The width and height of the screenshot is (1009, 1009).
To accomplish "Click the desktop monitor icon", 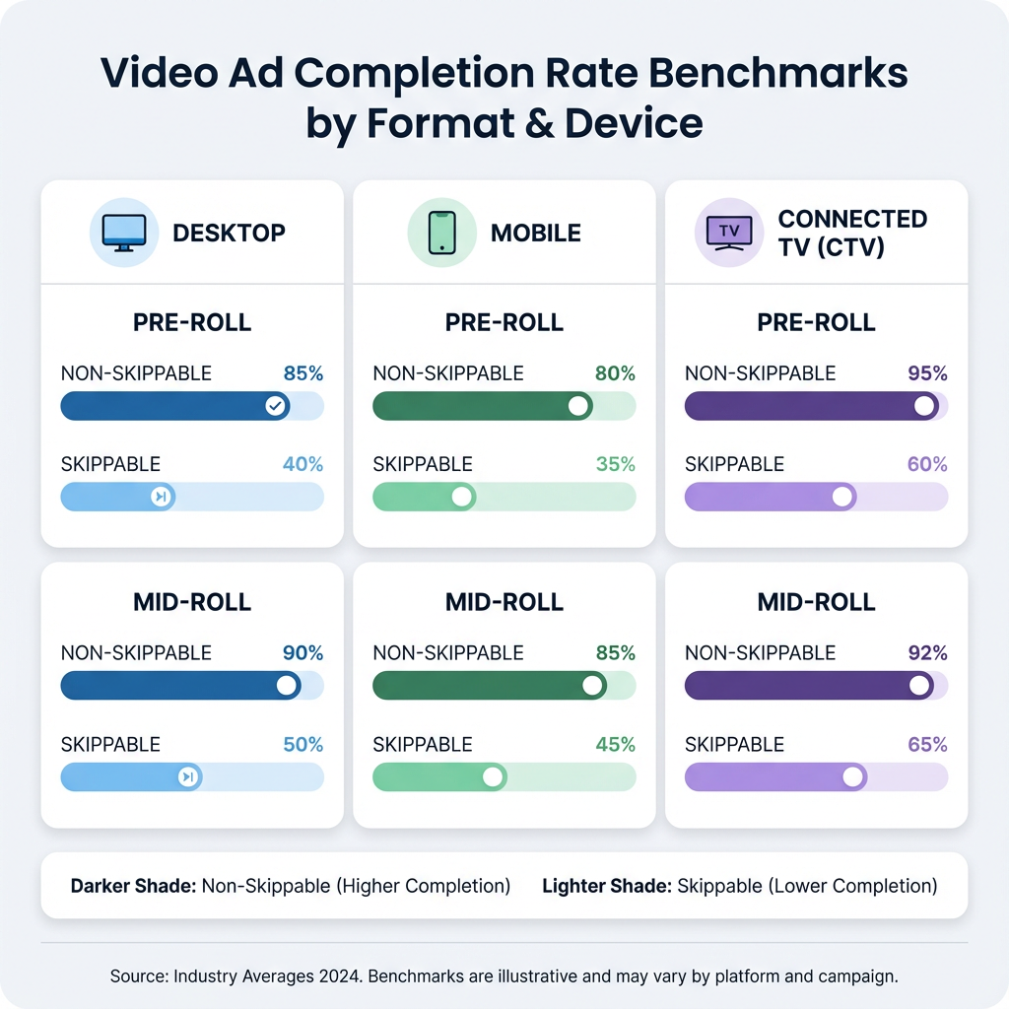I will point(124,233).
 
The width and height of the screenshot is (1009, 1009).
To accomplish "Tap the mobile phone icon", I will point(441,233).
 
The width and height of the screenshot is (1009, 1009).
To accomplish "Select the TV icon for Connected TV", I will point(729,233).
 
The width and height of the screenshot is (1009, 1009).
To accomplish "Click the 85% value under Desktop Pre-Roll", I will point(303,373).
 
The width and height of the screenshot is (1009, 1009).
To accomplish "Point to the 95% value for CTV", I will point(927,373).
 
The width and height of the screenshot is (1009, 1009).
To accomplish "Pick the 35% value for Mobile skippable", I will point(615,464).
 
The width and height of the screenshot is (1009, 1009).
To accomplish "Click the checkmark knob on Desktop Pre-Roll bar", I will point(276,406).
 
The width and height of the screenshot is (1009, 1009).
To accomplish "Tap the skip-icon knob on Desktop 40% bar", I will point(160,497).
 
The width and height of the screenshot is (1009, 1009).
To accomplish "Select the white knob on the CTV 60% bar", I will point(842,497).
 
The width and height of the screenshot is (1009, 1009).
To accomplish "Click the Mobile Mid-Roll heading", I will point(504,602).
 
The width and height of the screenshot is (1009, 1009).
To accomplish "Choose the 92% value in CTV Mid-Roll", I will point(927,652).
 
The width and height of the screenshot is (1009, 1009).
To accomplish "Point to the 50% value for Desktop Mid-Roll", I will point(303,744).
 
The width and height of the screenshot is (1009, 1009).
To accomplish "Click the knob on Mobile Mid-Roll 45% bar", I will point(493,777).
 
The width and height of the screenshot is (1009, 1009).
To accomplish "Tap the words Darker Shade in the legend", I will point(133,886).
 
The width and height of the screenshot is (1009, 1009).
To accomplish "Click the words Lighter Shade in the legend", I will point(606,886).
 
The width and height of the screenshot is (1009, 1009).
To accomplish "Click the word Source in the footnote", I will point(138,976).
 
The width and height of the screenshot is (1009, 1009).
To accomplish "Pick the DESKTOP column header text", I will point(229,234).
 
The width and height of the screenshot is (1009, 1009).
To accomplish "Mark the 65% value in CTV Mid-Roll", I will point(927,744).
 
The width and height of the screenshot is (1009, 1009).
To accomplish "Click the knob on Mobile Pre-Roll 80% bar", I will point(578,406).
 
